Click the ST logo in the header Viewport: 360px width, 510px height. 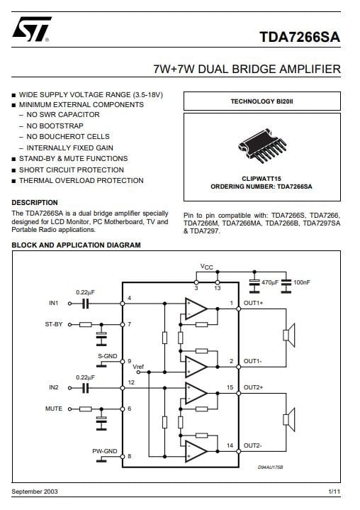(31, 29)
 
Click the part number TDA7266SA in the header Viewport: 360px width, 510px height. (300, 37)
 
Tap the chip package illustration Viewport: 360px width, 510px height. (262, 146)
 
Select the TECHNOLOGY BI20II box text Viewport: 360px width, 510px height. (262, 101)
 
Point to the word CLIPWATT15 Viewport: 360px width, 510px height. (261, 179)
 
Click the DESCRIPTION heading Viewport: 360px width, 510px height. (35, 203)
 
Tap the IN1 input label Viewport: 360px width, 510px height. (54, 303)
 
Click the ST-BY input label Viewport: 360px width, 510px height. (54, 324)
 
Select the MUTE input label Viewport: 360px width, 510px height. (54, 409)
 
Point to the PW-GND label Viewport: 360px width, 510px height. (105, 451)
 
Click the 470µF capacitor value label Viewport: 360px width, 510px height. (270, 282)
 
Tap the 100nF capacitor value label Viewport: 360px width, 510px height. (301, 282)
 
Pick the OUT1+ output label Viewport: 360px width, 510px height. (254, 303)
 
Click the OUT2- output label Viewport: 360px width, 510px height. (253, 445)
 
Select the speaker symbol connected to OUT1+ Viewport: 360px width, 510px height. (289, 335)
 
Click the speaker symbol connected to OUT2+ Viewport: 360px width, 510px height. (289, 420)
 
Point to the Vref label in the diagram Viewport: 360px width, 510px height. (138, 367)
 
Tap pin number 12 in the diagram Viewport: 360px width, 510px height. (131, 382)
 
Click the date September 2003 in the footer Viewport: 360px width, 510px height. (35, 492)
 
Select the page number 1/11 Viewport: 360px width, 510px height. (334, 492)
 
